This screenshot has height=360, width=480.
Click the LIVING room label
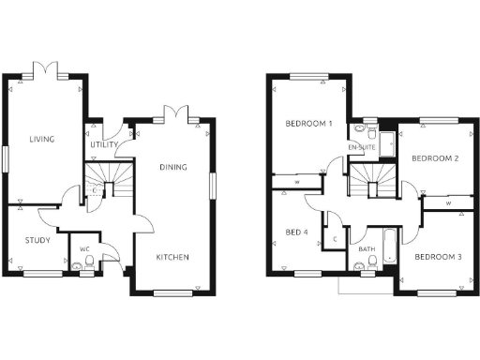[x=41, y=140]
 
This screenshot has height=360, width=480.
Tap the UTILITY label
[x=103, y=145]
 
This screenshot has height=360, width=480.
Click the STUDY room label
[x=37, y=241]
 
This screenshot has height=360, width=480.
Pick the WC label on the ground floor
[x=84, y=248]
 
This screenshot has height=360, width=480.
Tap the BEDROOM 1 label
[x=309, y=124]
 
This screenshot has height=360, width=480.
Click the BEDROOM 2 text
[x=435, y=158]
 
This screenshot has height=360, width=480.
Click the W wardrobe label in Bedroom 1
[x=297, y=182]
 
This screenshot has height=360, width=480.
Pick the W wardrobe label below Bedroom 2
[x=448, y=202]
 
